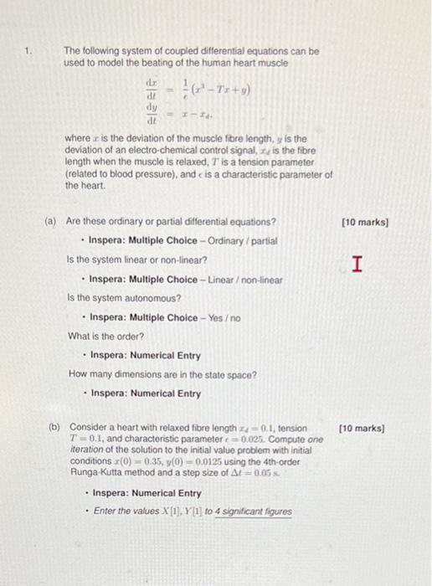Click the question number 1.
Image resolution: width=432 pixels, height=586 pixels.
[28, 50]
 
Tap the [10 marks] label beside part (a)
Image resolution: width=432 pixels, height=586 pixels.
[365, 223]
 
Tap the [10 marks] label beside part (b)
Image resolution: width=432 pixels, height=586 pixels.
[362, 429]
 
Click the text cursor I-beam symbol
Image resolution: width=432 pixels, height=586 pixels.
[358, 265]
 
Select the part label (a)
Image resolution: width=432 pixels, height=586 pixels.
[50, 223]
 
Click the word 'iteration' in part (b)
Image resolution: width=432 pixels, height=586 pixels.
[85, 450]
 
